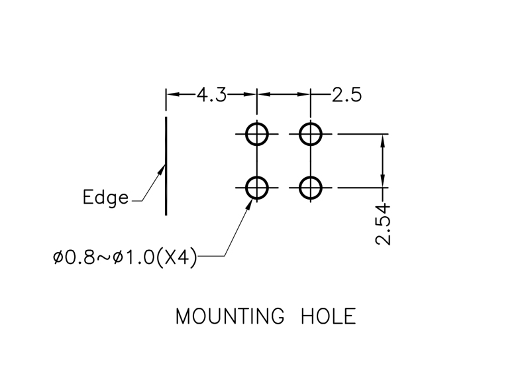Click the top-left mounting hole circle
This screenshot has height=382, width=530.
coord(256,134)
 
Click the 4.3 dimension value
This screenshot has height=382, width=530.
coord(211,95)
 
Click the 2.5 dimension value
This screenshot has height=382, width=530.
coord(346,95)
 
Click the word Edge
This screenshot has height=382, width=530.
coord(105,198)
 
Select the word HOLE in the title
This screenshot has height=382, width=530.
coord(328,316)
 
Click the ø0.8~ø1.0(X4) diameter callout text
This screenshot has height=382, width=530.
coord(125,257)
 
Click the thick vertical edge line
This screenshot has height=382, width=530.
coord(166,166)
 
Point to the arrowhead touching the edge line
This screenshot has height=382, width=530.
coord(162,169)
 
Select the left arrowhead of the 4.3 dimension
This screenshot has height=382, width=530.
coord(172,95)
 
